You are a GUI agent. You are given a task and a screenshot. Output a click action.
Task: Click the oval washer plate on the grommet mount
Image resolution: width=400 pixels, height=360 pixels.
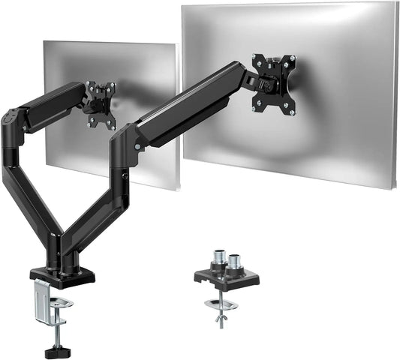[x=221, y=305]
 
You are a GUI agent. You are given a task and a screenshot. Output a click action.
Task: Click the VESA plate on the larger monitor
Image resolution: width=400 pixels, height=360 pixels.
[x=273, y=83]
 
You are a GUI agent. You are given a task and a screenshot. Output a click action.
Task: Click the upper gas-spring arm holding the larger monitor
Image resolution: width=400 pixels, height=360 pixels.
[x=188, y=105]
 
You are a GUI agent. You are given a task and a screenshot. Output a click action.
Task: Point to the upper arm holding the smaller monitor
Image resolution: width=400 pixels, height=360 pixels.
[x=53, y=106]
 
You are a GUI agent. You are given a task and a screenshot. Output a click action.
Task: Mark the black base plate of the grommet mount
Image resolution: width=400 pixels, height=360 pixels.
[x=226, y=278]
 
